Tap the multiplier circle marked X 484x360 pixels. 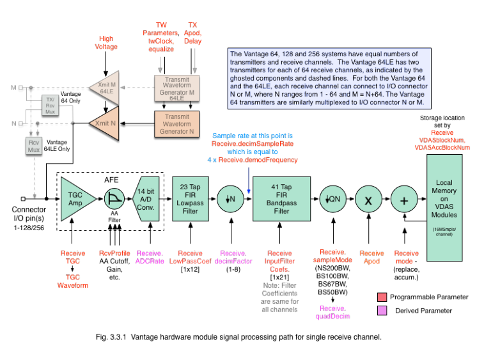[x=368, y=198]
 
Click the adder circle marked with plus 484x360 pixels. [x=403, y=198]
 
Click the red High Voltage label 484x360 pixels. [x=106, y=42]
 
